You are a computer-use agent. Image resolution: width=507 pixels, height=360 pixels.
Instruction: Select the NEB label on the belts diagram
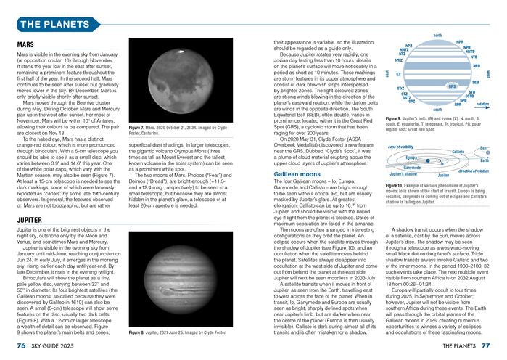477,66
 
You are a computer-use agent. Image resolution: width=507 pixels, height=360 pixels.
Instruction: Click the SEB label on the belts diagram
475,83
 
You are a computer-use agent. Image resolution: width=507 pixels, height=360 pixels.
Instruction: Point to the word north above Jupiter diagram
437,35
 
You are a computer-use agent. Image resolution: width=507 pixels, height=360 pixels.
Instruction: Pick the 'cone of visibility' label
401,147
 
